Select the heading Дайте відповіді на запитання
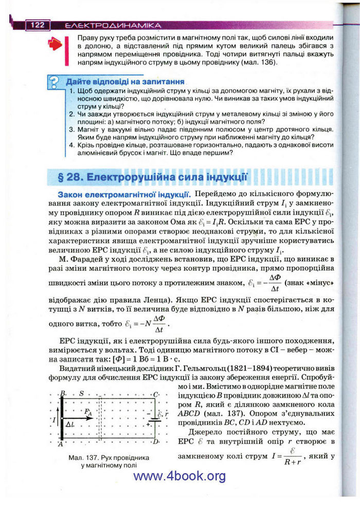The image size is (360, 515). point(125,82)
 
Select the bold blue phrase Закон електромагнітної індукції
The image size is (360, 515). point(124,195)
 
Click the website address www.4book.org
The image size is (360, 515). point(179,476)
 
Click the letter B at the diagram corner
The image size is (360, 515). point(62,394)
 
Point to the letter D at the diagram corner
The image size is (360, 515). point(156,441)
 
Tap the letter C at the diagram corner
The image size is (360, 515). point(156,394)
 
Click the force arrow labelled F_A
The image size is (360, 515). point(82,418)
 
